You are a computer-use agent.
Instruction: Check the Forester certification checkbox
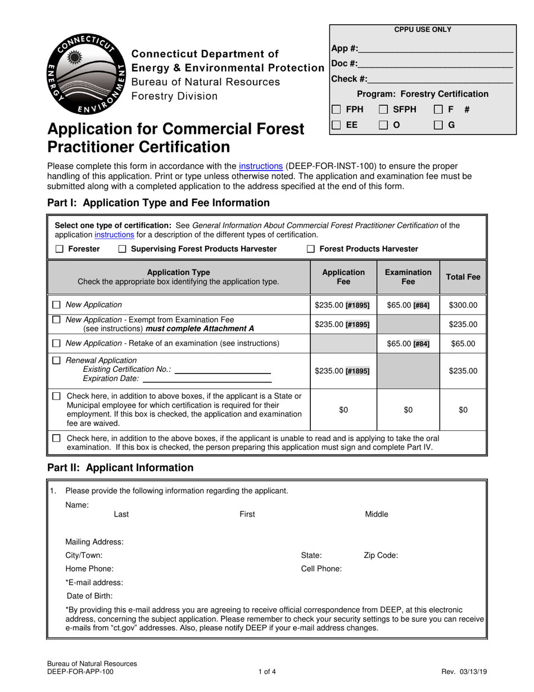(x=60, y=249)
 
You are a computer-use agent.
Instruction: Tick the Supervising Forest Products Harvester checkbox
(x=123, y=249)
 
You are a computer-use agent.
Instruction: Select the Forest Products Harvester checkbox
(x=311, y=249)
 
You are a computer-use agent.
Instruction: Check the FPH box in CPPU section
(x=336, y=109)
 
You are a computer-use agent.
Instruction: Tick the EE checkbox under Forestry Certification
(x=336, y=125)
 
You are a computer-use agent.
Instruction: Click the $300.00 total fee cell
(x=463, y=305)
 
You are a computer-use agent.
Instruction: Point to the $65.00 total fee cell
(x=463, y=343)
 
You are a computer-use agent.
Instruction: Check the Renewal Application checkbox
(x=56, y=361)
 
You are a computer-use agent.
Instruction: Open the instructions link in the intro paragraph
(x=260, y=166)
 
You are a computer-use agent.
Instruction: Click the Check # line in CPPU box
(x=440, y=79)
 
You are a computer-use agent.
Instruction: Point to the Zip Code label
(x=381, y=555)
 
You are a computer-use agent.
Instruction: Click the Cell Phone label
(x=322, y=568)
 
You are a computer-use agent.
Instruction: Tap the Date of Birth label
(x=89, y=596)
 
